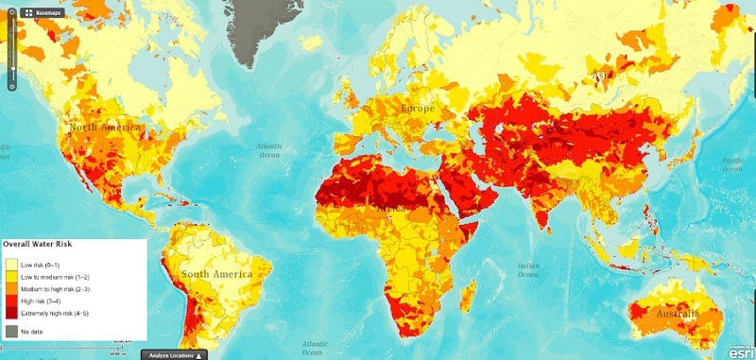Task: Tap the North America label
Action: [103, 127]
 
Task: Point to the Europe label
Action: [417, 109]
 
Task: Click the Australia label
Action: [673, 313]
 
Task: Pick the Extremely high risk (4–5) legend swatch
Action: [11, 311]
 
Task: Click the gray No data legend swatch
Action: [11, 331]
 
